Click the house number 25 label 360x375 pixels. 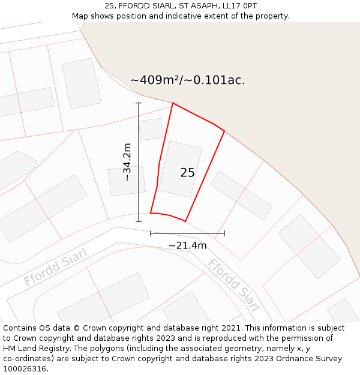click(187, 173)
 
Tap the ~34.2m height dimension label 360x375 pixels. click(127, 162)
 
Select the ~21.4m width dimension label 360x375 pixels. click(187, 245)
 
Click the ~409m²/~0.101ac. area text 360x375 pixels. click(187, 80)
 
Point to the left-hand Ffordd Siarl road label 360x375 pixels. click(56, 267)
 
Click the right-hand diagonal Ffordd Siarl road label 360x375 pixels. click(234, 286)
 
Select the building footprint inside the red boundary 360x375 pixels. click(180, 169)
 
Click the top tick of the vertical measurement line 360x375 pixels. click(139, 103)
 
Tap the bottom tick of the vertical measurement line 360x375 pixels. click(139, 221)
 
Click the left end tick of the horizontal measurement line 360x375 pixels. click(151, 233)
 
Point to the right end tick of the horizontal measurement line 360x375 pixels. click(224, 233)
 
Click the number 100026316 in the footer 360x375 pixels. click(25, 369)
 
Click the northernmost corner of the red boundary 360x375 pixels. click(173, 103)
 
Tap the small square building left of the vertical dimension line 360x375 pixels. click(126, 181)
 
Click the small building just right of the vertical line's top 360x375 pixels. click(151, 129)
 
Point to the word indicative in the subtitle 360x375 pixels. click(211, 16)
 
